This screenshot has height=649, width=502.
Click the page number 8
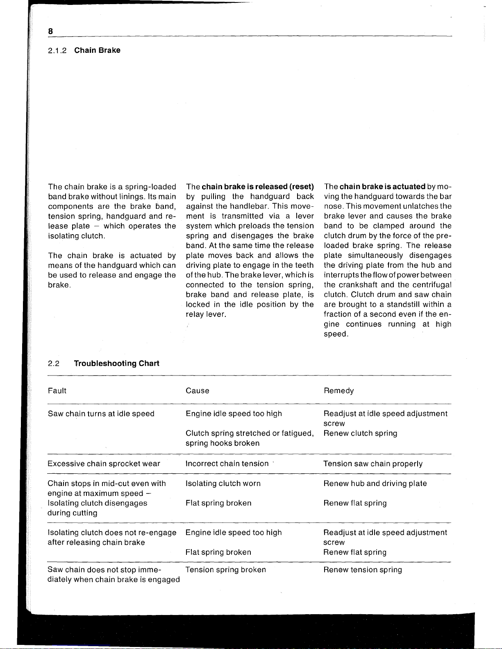50,31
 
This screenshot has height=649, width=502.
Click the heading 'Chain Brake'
97,50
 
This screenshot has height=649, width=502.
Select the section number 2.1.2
57,51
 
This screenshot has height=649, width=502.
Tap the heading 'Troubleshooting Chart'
116,364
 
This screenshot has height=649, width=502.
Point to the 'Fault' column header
57,391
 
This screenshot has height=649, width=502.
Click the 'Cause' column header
197,391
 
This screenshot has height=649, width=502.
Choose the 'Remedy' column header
338,391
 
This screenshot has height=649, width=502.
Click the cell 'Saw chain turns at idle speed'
101,414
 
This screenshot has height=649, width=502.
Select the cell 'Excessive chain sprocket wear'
104,464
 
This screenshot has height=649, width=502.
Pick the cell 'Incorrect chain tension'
227,464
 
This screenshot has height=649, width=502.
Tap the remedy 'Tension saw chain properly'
373,464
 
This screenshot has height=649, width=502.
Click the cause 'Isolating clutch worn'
223,484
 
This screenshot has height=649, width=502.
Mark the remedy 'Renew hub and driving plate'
375,484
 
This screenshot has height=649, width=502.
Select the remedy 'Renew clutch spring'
360,433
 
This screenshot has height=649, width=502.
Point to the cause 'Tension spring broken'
225,570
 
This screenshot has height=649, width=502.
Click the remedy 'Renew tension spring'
363,570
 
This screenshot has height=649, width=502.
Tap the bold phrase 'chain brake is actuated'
382,187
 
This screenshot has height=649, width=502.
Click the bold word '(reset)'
302,187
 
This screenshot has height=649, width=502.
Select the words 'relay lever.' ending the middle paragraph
206,314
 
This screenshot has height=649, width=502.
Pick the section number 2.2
54,364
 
